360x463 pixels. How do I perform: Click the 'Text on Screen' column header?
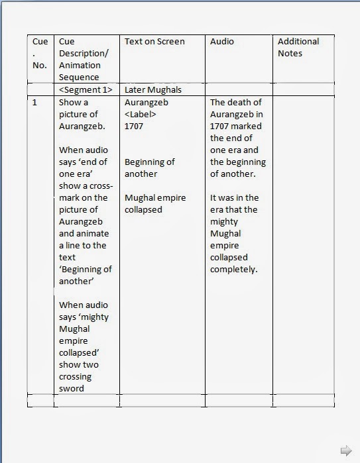coord(154,42)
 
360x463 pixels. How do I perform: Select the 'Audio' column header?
coord(222,42)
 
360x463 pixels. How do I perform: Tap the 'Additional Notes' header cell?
coord(298,47)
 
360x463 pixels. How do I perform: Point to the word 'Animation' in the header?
coord(80,66)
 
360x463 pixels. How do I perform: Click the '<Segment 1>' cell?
coord(86,89)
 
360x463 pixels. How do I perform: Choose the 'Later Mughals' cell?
coord(153,89)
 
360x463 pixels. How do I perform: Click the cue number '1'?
coord(35,103)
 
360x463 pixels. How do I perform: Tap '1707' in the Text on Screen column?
coord(134,127)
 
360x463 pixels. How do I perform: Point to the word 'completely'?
coord(233,270)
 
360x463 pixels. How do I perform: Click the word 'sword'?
coord(72,389)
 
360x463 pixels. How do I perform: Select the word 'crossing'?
coord(76,377)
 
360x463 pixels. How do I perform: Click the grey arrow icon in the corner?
coord(345,450)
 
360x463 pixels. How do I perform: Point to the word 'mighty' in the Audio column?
coord(224,222)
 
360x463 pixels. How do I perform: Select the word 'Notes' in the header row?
coord(290,54)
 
